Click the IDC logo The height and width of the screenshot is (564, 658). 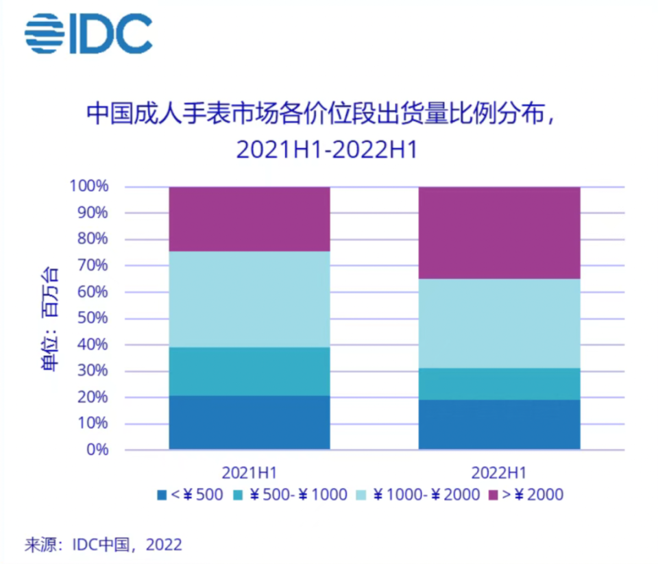[88, 33]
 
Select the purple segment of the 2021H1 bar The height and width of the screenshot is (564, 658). [249, 219]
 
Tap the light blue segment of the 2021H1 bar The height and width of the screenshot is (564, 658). [249, 299]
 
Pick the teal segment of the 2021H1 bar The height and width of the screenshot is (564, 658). [249, 371]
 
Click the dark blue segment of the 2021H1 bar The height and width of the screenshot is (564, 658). [249, 423]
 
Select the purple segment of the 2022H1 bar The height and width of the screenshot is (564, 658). [500, 233]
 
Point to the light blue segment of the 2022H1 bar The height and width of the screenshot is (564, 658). [500, 323]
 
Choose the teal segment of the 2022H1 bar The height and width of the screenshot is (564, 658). [500, 384]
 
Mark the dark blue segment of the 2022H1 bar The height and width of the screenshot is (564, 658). [500, 425]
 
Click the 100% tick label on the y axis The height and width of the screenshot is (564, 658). [89, 186]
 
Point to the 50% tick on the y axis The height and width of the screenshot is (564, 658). [93, 318]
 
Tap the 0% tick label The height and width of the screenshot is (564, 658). [97, 450]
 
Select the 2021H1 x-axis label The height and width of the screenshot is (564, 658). [249, 473]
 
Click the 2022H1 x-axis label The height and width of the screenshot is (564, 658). [499, 473]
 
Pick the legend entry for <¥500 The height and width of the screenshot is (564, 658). [190, 495]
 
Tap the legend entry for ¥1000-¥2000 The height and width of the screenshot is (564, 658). [418, 495]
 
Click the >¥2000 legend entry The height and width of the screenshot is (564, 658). [526, 495]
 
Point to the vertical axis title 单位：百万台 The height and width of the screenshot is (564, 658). [49, 319]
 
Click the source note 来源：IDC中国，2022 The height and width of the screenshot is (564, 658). [103, 545]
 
